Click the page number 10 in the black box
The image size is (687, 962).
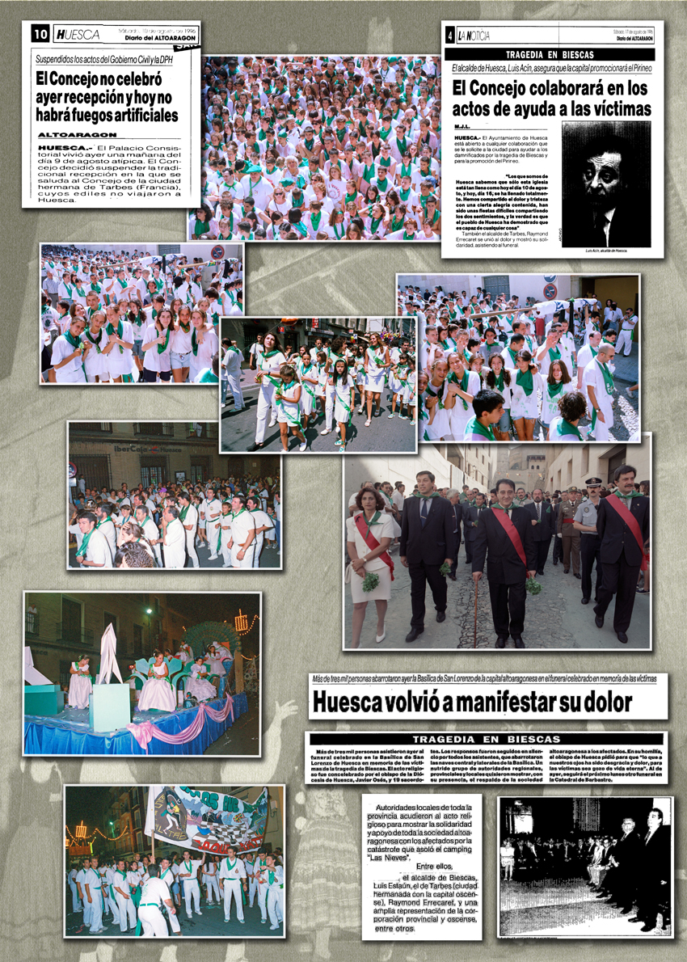pyautogui.click(x=40, y=34)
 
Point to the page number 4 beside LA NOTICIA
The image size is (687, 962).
pyautogui.click(x=450, y=36)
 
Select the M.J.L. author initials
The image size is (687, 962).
pyautogui.click(x=462, y=128)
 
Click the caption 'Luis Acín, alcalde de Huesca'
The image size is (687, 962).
pyautogui.click(x=605, y=251)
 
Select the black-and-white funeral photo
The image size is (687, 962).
pyautogui.click(x=584, y=866)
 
